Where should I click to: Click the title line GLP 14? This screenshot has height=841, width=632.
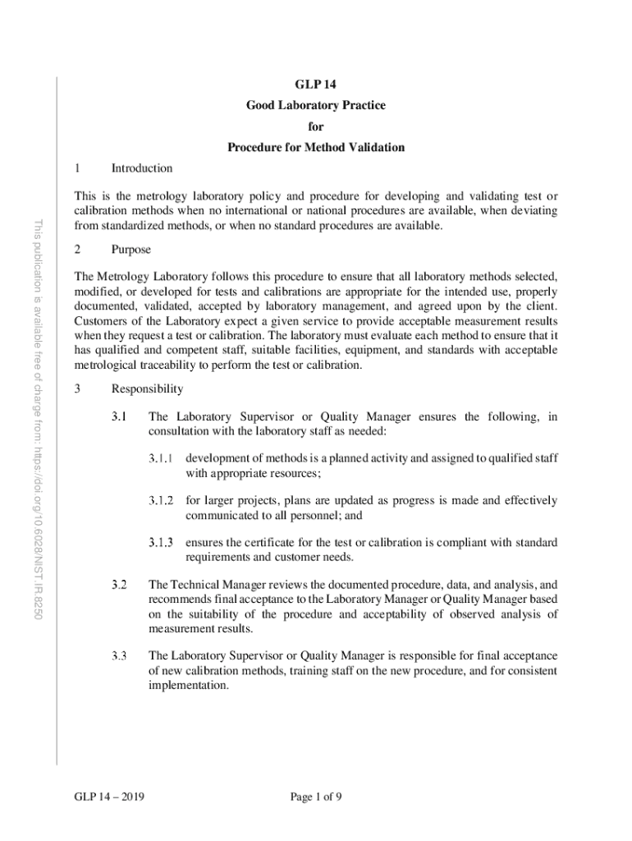[x=316, y=85]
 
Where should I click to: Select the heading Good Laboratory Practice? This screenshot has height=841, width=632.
[x=316, y=106]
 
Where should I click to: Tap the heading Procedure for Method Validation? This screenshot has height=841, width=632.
[x=316, y=148]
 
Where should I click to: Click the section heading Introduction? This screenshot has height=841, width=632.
[x=142, y=168]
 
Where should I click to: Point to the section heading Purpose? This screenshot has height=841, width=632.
[x=131, y=249]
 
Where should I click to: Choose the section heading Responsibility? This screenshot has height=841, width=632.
[x=148, y=388]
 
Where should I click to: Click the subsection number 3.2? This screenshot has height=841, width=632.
[x=120, y=585]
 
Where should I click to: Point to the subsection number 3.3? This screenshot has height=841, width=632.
[x=120, y=655]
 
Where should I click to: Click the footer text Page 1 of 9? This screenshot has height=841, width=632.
[x=316, y=796]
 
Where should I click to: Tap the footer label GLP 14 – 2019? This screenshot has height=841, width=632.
[x=103, y=796]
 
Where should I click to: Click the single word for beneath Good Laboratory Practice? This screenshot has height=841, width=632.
[x=316, y=127]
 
